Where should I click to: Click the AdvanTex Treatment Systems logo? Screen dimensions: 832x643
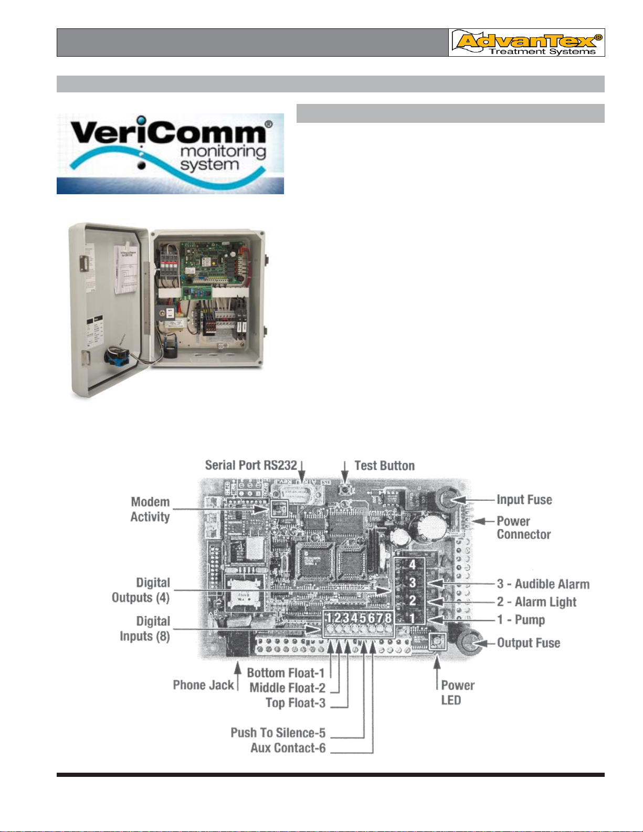[x=526, y=43]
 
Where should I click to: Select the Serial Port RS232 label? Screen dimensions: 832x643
[x=251, y=465]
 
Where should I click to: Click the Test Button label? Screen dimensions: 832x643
[x=384, y=466]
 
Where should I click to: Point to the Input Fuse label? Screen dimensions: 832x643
[x=524, y=500]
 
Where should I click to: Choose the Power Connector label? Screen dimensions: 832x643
[x=523, y=528]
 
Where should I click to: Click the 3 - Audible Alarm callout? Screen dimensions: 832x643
[x=543, y=584]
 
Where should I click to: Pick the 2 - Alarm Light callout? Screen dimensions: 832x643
[x=536, y=602]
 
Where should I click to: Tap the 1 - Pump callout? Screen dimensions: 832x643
[x=521, y=620]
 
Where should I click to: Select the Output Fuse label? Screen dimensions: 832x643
[x=528, y=643]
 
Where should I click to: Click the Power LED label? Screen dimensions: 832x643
[x=457, y=692]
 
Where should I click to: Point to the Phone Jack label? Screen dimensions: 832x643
[x=203, y=685]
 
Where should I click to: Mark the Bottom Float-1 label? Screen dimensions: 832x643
[x=286, y=673]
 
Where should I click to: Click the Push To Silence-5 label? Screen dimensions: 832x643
[x=278, y=733]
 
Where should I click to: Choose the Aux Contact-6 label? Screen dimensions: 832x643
[x=288, y=748]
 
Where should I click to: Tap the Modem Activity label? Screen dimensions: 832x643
[x=150, y=509]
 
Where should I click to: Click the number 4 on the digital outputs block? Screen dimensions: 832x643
[x=413, y=565]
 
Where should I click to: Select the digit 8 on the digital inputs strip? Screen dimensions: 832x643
[x=388, y=618]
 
